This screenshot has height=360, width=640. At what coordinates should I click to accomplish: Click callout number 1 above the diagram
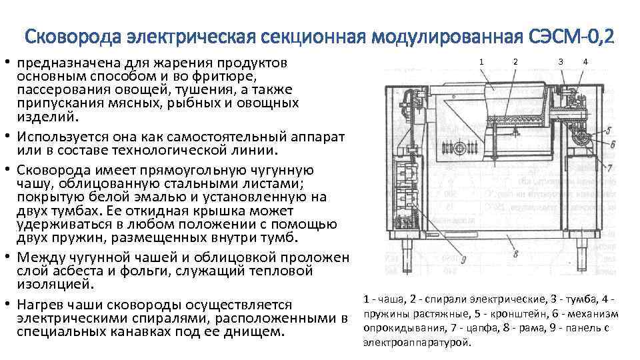pos(481,61)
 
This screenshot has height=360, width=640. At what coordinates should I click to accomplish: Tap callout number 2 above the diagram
pos(515,61)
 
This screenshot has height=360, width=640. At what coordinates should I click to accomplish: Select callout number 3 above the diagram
pos(560,61)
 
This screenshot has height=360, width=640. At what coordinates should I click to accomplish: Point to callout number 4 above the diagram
pos(585,61)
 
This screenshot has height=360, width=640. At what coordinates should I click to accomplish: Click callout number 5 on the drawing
pos(612,131)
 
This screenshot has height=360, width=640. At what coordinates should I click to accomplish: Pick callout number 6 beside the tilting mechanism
pos(612,144)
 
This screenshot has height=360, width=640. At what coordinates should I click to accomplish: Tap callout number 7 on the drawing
pos(610,168)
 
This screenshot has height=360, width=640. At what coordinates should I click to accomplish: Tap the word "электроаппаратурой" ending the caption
pos(417,343)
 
